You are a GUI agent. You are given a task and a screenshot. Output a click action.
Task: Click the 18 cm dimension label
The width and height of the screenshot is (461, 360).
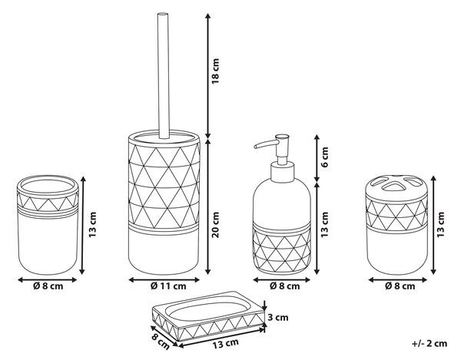coord(215,71)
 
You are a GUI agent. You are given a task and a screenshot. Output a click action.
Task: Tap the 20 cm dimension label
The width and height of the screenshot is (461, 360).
coord(215,225)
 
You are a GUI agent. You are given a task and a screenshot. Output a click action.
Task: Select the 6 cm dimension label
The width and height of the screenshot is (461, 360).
coord(324,157)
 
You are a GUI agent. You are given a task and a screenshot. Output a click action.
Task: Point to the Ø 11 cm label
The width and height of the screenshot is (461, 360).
coord(168,286)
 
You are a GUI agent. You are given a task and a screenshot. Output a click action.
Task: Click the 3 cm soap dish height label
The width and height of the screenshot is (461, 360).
coord(278,317)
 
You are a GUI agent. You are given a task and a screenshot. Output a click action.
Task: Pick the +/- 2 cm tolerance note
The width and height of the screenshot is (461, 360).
coord(429,343)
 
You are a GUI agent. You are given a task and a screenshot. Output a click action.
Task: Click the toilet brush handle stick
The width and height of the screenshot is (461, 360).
coord(164,75)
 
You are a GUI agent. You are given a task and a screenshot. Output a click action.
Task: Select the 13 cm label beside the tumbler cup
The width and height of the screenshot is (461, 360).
coord(92,225)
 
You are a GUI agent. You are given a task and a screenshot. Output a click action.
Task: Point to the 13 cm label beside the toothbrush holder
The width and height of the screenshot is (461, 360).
coord(440,225)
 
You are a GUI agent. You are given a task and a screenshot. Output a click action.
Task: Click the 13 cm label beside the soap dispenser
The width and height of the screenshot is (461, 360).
coord(324,225)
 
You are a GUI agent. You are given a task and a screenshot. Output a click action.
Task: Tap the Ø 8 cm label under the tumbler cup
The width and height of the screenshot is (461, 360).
coord(48,286)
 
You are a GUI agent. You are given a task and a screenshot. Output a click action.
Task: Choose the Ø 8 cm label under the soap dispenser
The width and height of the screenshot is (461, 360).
coord(284,286)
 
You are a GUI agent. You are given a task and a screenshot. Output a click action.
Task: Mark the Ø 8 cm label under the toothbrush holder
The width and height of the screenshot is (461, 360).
coord(400,286)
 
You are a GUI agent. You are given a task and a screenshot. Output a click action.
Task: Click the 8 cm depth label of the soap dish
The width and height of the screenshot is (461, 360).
coord(161,342)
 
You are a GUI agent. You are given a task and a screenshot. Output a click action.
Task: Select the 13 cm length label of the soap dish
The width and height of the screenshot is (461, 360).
coord(225,343)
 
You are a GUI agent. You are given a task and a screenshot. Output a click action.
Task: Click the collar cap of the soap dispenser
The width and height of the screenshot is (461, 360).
coord(282,172)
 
